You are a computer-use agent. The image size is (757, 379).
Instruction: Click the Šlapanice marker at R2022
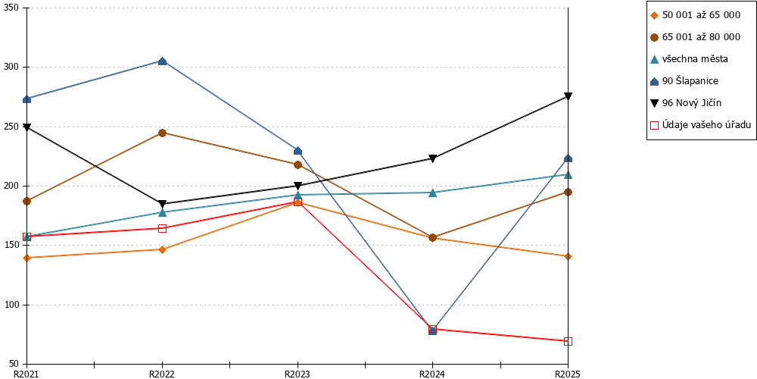(x=162, y=61)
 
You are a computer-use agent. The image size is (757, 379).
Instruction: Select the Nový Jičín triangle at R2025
(x=569, y=96)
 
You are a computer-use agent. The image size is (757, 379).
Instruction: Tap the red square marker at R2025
(x=569, y=341)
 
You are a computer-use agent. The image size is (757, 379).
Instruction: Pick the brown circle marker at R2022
(x=162, y=133)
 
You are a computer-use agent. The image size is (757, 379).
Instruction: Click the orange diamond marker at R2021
(x=27, y=258)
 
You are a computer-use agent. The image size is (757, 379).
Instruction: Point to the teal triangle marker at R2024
(x=432, y=193)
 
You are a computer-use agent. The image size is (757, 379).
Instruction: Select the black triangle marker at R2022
(x=162, y=204)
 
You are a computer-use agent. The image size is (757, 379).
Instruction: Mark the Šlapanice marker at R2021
(x=27, y=99)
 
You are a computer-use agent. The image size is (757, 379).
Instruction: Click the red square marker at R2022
(x=162, y=228)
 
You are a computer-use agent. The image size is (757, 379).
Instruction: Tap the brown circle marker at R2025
(x=569, y=192)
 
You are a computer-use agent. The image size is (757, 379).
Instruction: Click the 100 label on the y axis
(x=9, y=305)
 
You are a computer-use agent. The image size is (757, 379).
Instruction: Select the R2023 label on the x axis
(x=298, y=374)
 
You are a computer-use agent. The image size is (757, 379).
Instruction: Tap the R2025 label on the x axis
(x=567, y=374)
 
